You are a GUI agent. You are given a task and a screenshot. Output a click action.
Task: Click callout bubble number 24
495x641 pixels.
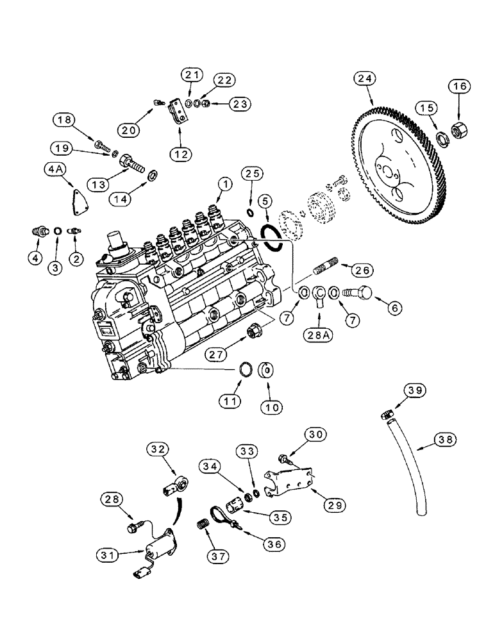[364, 79]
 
